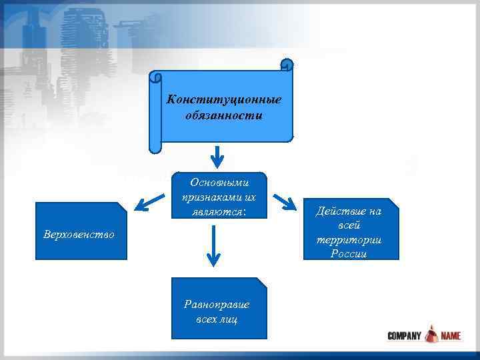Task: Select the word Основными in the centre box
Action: [218, 182]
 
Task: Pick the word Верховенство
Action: [78, 235]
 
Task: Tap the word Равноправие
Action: [217, 304]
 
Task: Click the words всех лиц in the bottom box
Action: [217, 319]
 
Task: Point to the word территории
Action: [358, 240]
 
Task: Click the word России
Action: [358, 254]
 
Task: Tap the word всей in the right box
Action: [358, 226]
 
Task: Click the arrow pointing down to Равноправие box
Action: [213, 247]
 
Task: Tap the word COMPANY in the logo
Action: [404, 336]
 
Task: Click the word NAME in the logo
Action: [451, 336]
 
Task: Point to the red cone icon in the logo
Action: [432, 333]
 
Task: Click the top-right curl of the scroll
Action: [287, 65]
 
